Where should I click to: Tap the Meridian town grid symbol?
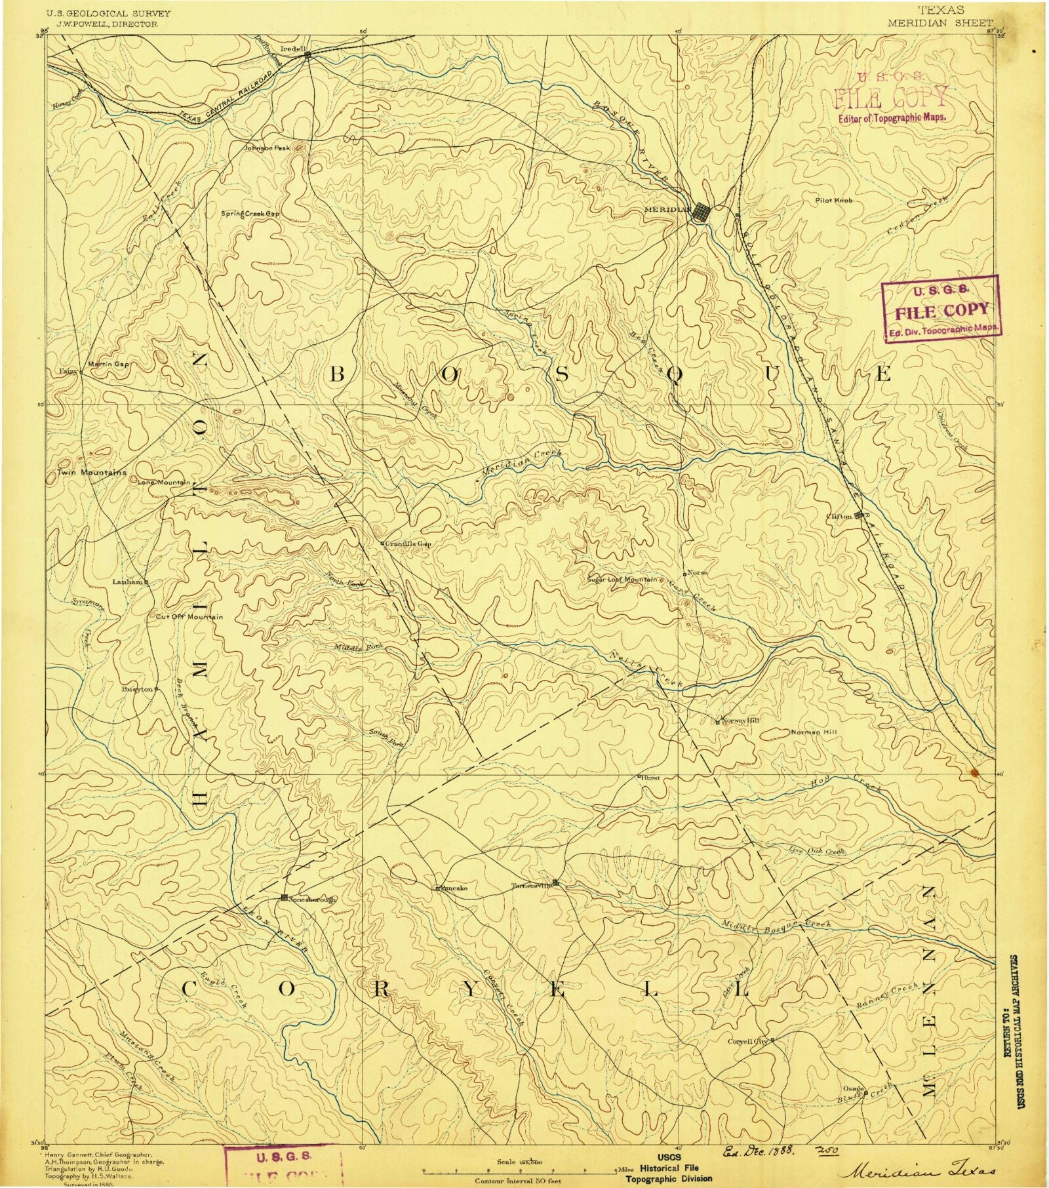[x=702, y=212]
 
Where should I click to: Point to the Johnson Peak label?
[x=267, y=148]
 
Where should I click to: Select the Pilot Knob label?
[x=834, y=200]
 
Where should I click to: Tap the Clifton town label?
[x=841, y=516]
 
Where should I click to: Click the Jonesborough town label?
[x=312, y=900]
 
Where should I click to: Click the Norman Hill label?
[x=814, y=732]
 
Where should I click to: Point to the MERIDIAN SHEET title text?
[x=940, y=21]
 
